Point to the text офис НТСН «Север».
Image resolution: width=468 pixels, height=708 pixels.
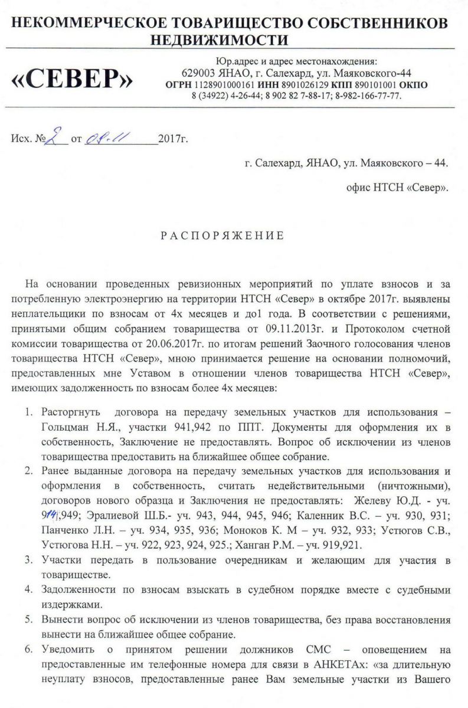397,189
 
